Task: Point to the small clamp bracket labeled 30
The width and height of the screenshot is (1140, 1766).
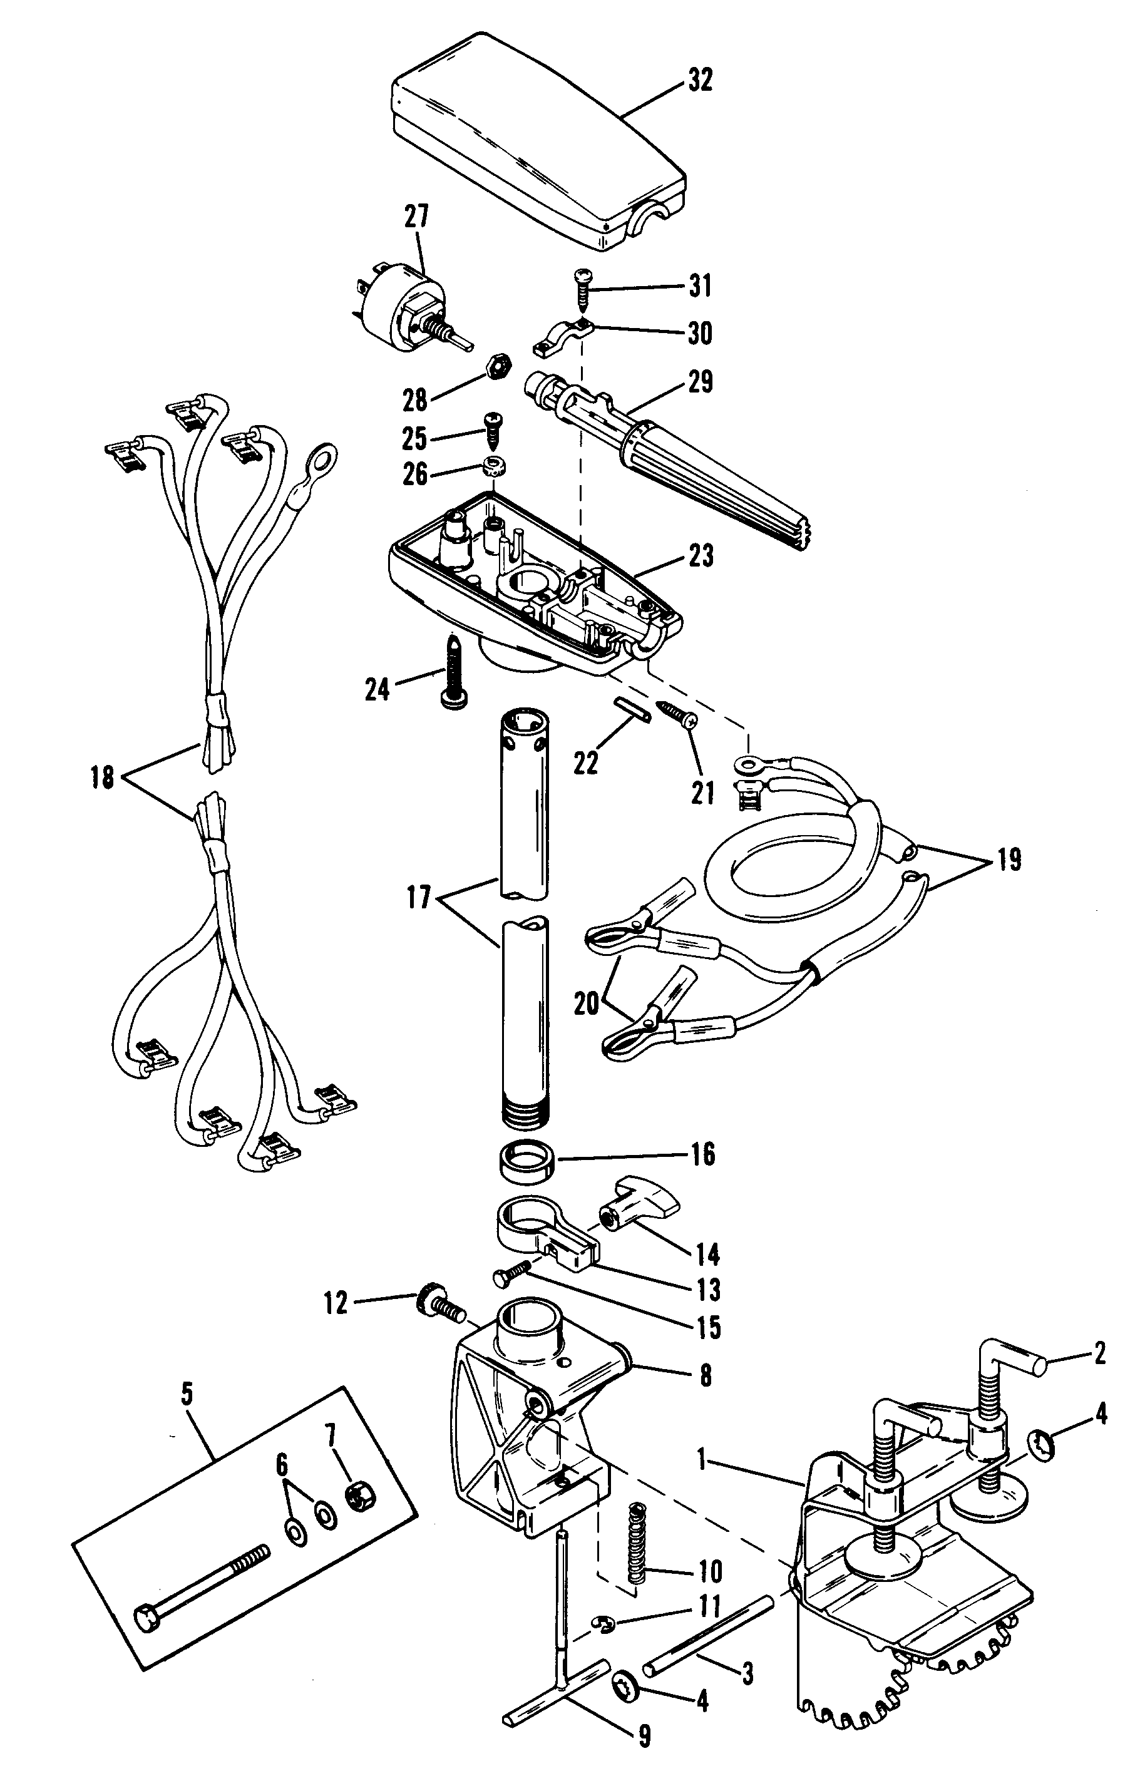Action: (560, 334)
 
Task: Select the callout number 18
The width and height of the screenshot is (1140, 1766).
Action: (103, 778)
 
